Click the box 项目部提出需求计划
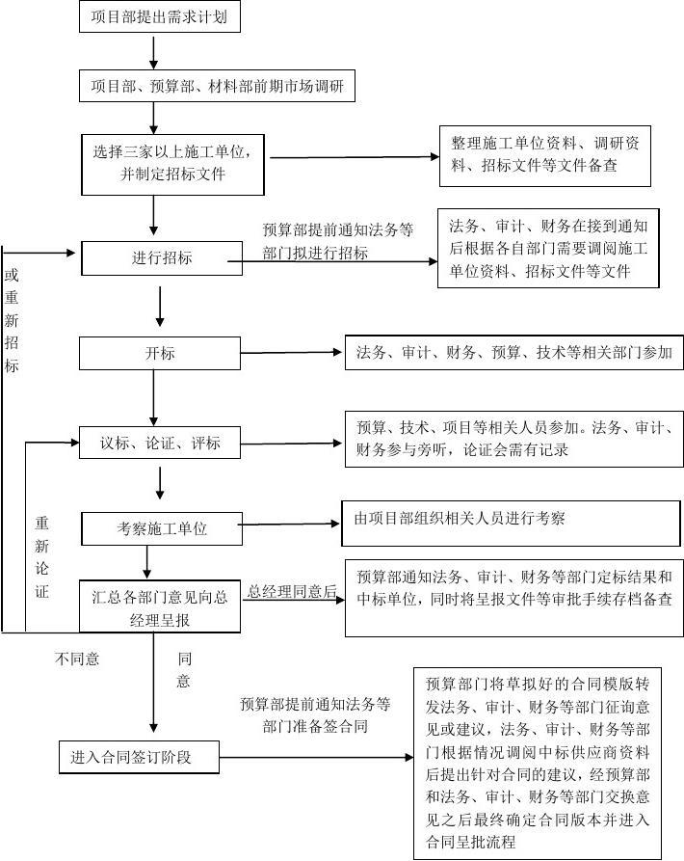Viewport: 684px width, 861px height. point(160,16)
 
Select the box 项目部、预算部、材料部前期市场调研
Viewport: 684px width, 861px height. point(217,86)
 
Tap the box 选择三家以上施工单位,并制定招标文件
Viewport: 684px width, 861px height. point(172,165)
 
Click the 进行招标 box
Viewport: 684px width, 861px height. point(162,258)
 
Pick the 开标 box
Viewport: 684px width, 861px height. point(160,353)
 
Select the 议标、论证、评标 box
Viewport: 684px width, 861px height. point(160,443)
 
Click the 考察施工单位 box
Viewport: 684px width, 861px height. point(162,528)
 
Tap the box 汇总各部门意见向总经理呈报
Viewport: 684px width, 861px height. point(160,606)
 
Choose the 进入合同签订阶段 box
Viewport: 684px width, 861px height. point(140,757)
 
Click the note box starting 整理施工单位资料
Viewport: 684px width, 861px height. point(545,156)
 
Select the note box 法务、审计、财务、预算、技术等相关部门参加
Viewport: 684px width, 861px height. point(513,353)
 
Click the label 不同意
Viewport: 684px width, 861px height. point(77,659)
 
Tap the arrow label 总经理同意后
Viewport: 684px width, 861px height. point(292,591)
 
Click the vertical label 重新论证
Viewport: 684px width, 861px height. point(42,556)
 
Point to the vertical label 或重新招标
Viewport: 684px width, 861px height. point(12,320)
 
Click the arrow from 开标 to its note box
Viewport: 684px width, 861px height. point(291,353)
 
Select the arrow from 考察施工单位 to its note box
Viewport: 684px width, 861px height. point(288,525)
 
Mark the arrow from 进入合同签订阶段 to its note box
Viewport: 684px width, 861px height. point(317,758)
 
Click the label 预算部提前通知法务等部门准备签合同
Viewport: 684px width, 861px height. point(315,715)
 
